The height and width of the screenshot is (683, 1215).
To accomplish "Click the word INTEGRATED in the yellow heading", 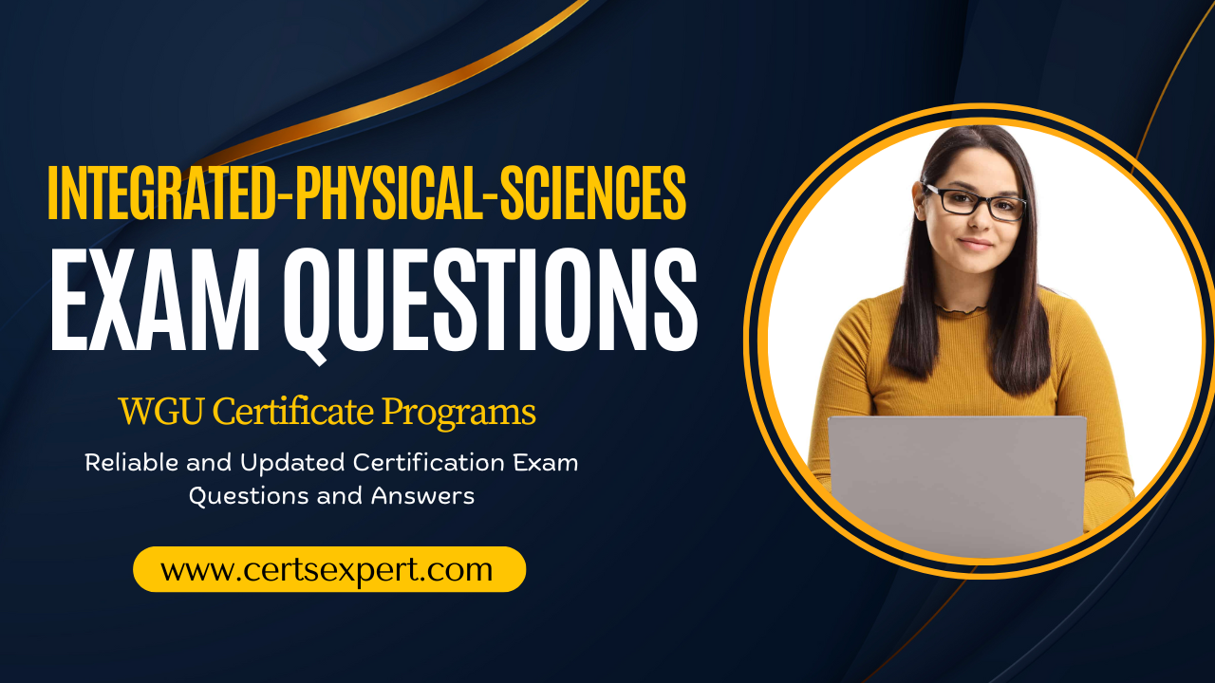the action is tap(161, 193).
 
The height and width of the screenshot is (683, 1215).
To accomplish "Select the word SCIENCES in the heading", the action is tap(593, 193).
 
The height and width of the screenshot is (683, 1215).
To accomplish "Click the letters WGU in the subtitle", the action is tap(161, 412).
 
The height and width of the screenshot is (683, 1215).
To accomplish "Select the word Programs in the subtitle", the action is tap(458, 414).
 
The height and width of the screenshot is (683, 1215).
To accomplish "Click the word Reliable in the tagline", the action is tap(131, 462).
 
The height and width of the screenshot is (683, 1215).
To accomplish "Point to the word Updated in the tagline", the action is tap(292, 462).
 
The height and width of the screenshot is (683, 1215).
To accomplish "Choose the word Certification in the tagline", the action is tap(428, 462).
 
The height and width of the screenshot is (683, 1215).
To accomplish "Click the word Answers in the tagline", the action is tap(422, 495).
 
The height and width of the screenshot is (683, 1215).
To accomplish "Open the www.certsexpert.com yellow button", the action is tap(329, 569).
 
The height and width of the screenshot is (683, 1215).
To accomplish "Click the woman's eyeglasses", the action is tap(974, 202).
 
